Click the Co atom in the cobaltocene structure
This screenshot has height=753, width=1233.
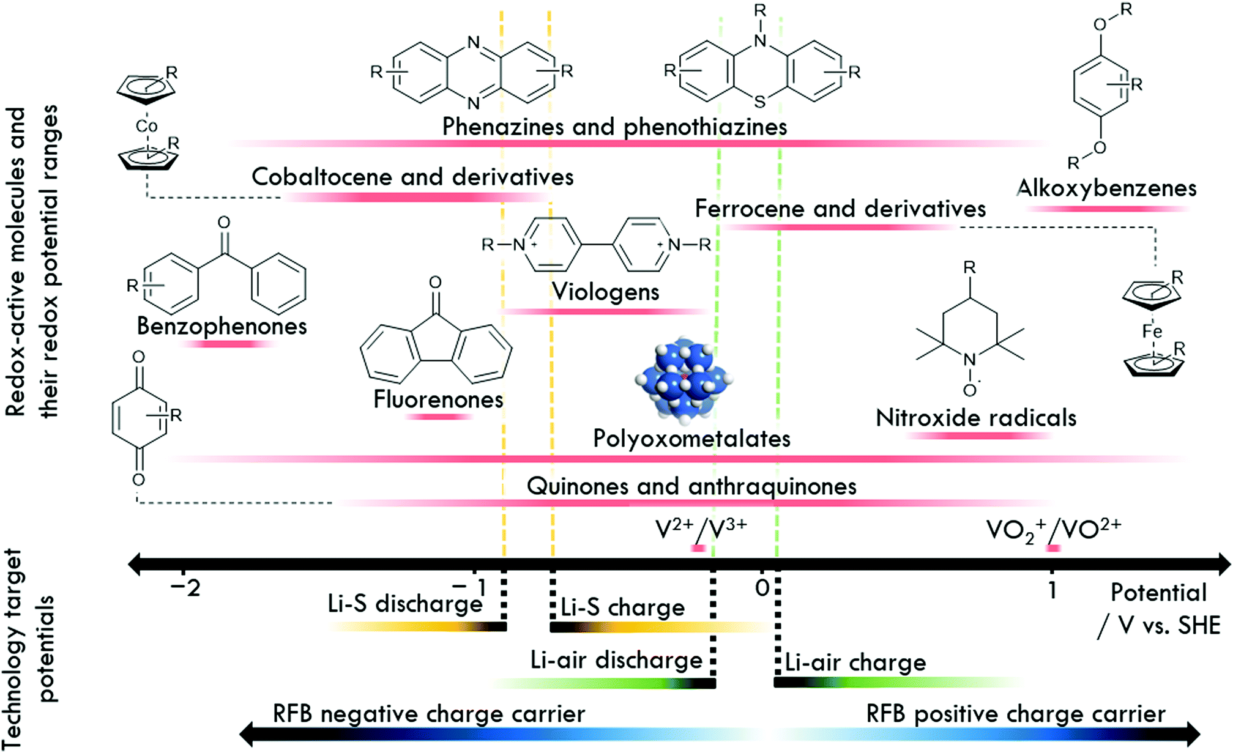coord(147,126)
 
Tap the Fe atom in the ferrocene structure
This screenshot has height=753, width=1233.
coord(1152,332)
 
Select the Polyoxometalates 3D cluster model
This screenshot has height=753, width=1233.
coord(684,379)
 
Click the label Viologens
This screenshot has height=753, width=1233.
coord(606,292)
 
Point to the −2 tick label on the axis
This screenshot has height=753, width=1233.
coord(185,588)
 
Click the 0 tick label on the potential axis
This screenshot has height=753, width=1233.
coord(762,588)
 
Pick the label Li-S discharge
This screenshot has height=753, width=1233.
coord(405,604)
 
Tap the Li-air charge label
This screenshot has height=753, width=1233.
coord(855,662)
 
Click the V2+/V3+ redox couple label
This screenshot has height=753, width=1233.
coord(701,529)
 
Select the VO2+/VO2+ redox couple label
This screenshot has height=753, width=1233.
coord(1053,530)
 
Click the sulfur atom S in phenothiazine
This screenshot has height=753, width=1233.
coord(760,102)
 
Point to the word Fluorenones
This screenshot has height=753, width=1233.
coord(438,399)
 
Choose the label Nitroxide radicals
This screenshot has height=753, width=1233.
coord(976,418)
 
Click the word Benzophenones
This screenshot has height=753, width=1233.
coord(222,326)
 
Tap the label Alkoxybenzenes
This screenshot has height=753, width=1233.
coord(1107,188)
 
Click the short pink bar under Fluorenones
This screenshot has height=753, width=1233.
coord(438,417)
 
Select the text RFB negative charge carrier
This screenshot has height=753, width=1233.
coord(428,714)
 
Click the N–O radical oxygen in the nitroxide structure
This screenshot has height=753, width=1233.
coord(969,390)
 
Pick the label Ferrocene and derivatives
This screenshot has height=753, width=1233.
coord(840,209)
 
